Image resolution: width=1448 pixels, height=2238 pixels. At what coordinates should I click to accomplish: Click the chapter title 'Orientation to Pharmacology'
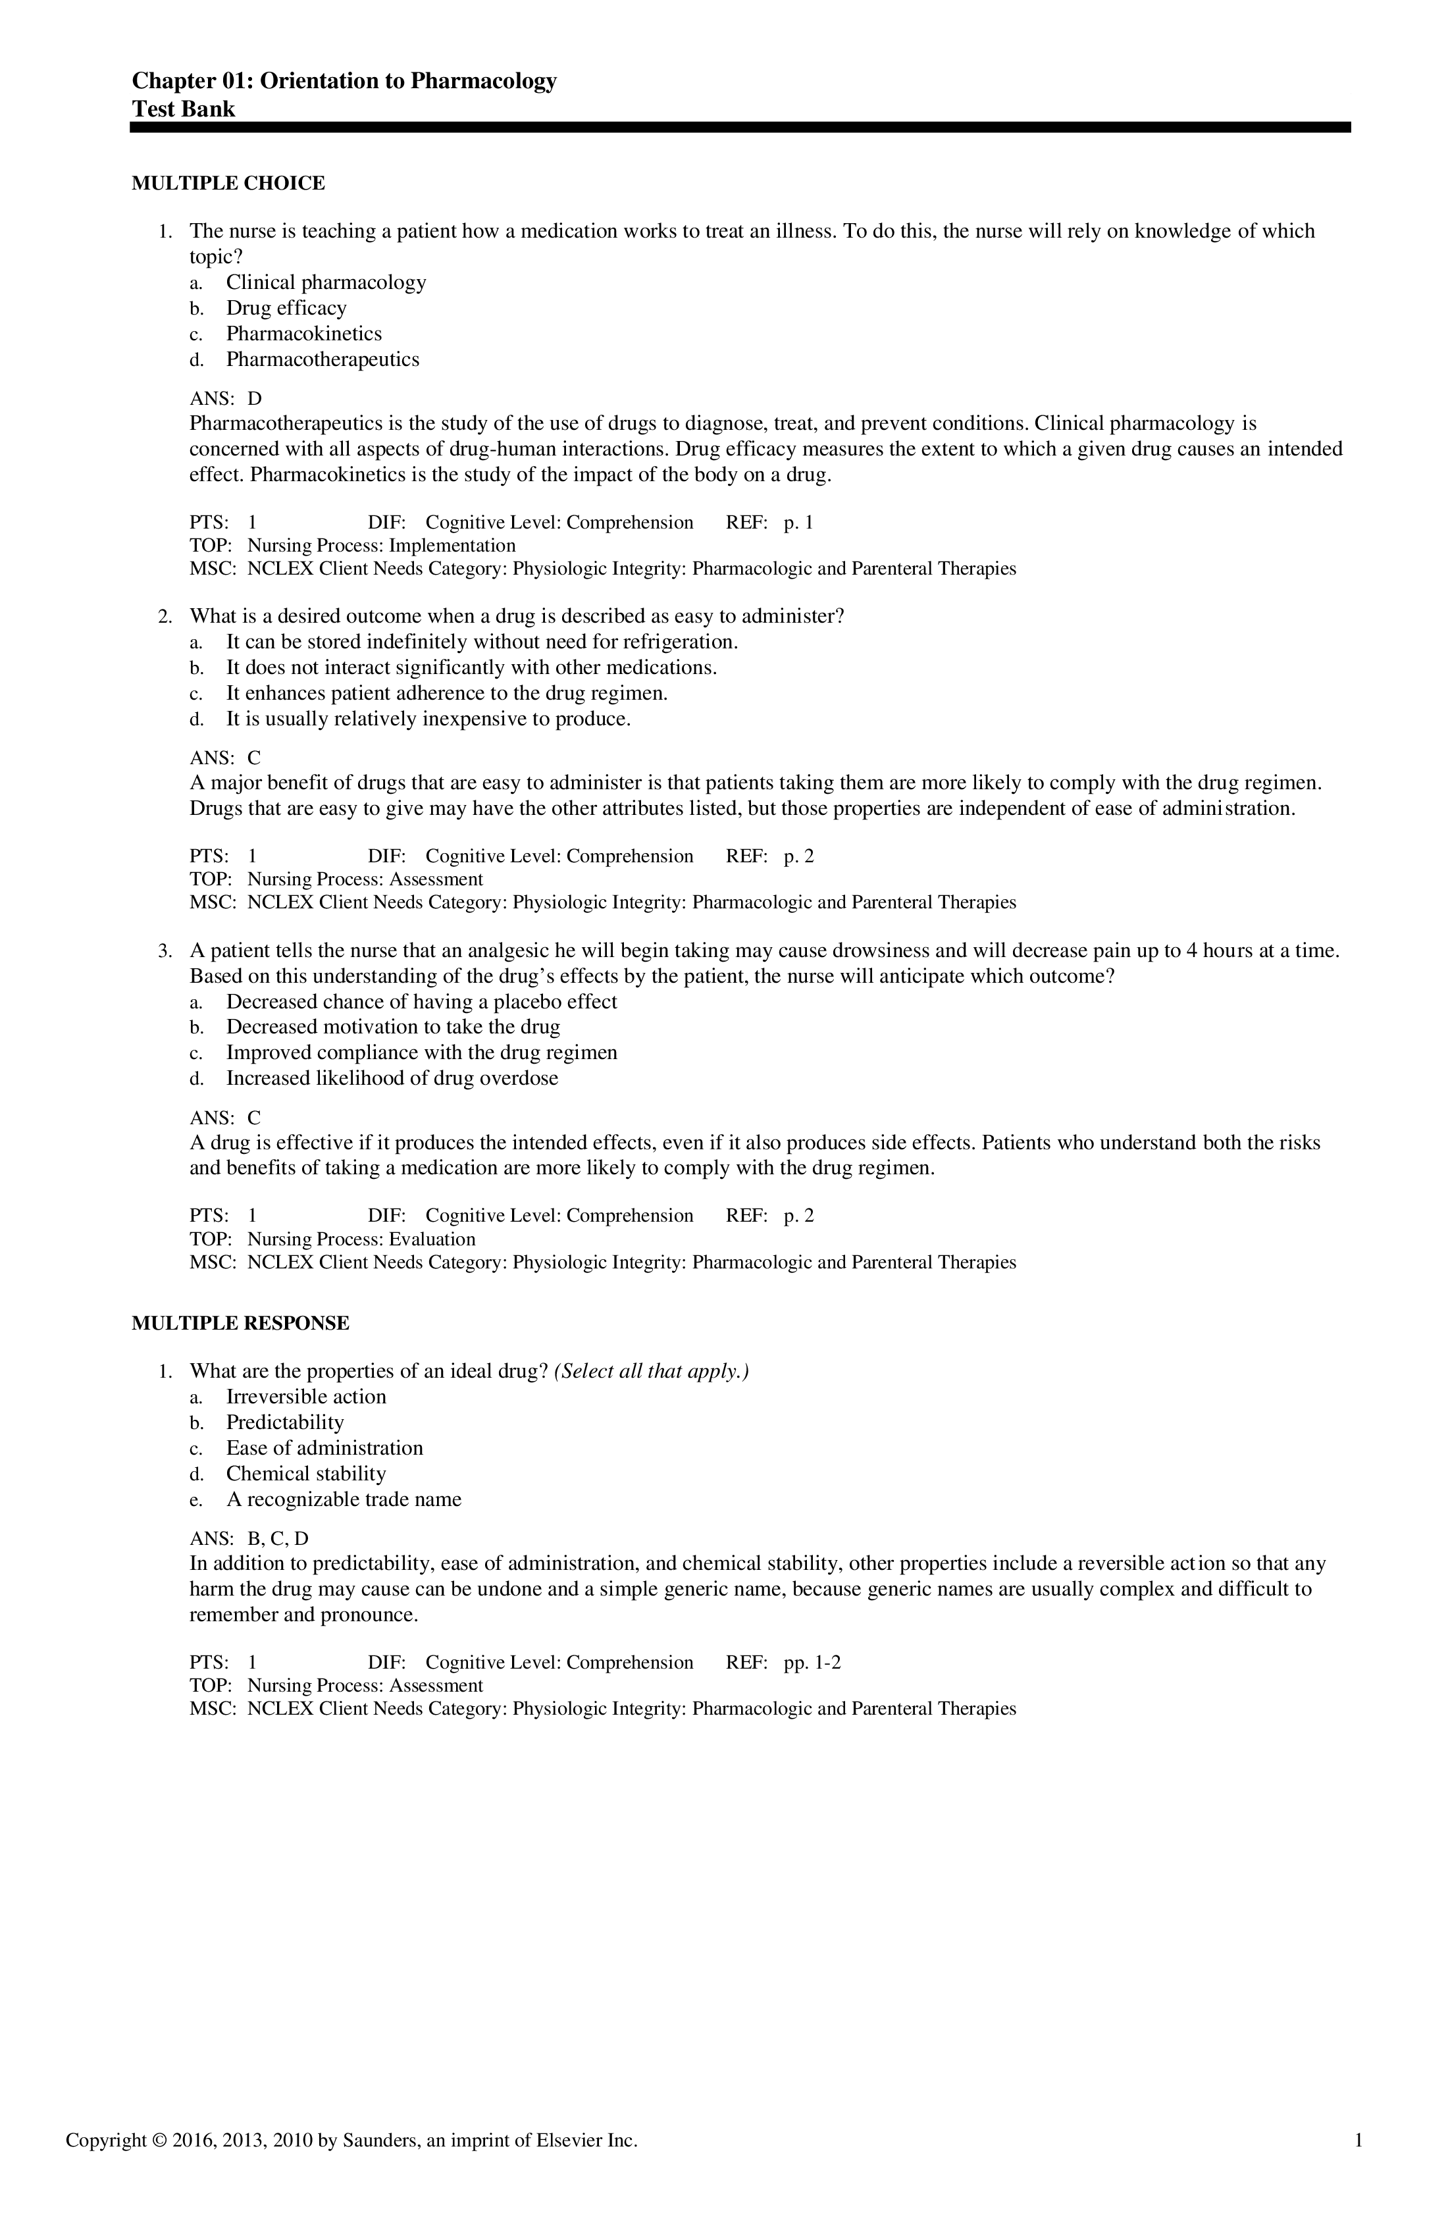407,82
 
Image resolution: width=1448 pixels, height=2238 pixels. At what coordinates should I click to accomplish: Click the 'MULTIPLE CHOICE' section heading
228,184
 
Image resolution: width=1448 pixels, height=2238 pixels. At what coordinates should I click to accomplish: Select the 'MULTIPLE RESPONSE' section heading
241,1324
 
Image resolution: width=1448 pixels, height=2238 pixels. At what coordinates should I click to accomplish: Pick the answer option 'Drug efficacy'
286,309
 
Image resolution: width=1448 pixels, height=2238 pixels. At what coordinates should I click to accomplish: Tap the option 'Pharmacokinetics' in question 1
303,334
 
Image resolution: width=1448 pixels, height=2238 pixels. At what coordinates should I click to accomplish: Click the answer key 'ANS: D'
226,400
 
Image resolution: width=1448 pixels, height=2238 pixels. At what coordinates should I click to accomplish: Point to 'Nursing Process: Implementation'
381,546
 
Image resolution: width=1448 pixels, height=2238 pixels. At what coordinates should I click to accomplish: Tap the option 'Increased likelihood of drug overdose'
392,1079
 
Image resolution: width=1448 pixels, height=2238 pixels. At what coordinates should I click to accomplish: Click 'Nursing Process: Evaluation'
361,1239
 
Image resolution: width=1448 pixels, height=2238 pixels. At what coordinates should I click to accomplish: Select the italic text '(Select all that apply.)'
652,1372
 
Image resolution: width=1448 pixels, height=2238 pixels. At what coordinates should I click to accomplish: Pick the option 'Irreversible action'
305,1397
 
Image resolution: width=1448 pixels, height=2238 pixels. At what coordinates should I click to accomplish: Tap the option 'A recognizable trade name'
343,1500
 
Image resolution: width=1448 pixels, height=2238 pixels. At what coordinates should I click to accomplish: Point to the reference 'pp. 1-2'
812,1663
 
